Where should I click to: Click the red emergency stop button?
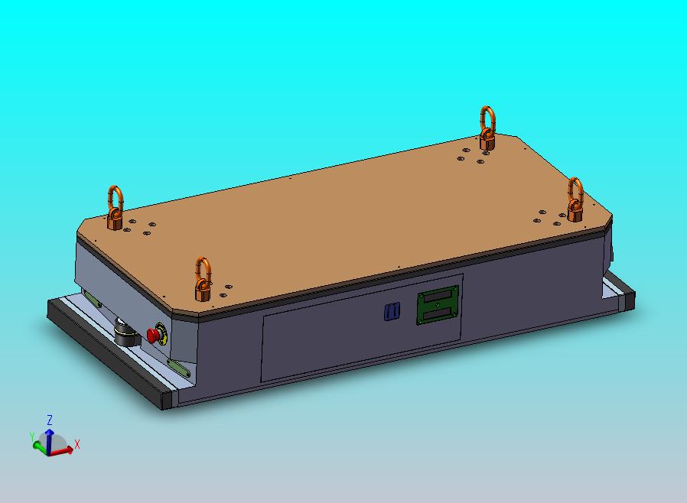(153, 336)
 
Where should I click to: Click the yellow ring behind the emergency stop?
(161, 333)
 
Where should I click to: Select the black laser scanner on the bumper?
(127, 333)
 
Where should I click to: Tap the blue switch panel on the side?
(392, 311)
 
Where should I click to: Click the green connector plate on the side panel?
(438, 305)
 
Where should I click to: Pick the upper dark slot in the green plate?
(438, 297)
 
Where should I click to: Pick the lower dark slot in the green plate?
(438, 313)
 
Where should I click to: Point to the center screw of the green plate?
(438, 305)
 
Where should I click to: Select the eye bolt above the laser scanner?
(116, 208)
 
